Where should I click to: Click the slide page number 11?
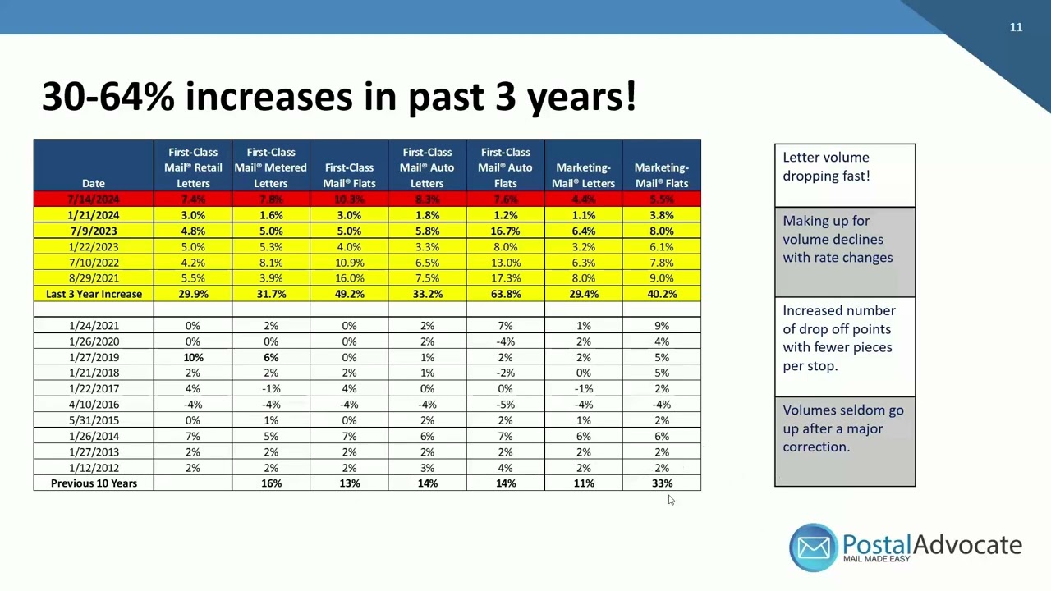(1016, 27)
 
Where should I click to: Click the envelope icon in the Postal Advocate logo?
(813, 547)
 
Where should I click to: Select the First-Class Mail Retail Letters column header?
(193, 167)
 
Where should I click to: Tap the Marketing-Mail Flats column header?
(662, 175)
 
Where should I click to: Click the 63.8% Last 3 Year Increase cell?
(505, 294)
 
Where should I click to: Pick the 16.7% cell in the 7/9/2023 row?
(505, 231)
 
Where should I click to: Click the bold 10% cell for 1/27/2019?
(193, 357)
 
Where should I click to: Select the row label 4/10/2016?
(94, 404)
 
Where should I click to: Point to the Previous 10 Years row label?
(94, 483)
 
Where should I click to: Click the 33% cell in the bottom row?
(662, 483)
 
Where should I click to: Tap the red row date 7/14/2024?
(94, 199)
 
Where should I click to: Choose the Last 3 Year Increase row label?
(94, 294)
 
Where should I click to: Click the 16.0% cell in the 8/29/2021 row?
(349, 278)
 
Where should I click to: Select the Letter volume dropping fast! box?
(844, 174)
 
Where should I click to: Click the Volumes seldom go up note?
(844, 428)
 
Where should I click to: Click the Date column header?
(94, 183)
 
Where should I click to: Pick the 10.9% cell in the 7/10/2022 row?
(349, 263)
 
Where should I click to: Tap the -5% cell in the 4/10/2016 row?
(505, 404)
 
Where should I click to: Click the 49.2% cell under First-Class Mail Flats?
(349, 294)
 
